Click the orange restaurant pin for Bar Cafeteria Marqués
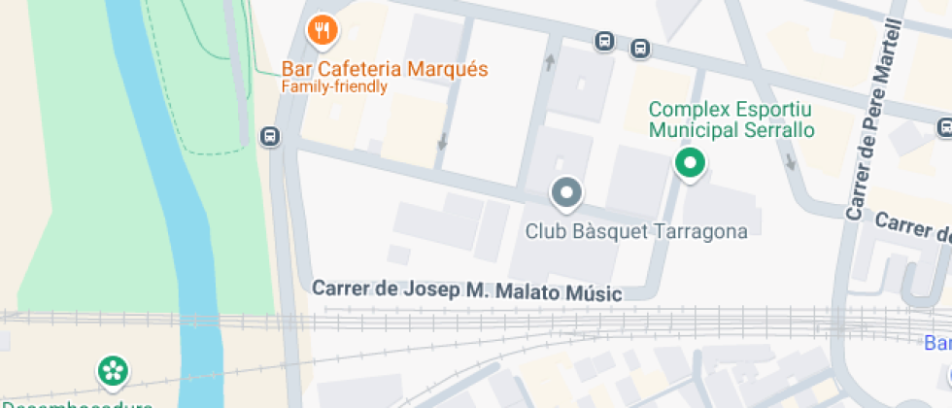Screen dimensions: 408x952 pos(322,31)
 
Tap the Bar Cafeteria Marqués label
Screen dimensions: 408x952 pos(385,70)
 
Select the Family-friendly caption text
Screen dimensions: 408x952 pos(334,87)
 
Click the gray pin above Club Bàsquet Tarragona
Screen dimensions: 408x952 pos(566,192)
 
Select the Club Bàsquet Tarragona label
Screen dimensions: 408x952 pos(636,231)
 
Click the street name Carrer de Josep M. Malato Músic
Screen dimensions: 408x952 pos(466,290)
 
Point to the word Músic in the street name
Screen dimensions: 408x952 pos(592,291)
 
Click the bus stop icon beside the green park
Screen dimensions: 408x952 pos(270,137)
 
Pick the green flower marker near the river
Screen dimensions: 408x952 pos(113,370)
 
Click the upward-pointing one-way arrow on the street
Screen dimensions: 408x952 pos(551,63)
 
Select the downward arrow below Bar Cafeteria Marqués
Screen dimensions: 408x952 pos(443,141)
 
